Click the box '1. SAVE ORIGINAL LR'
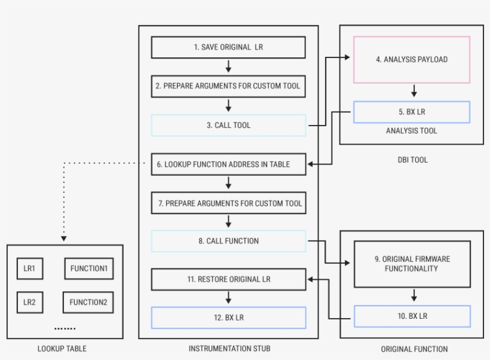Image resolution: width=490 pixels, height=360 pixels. [x=228, y=47]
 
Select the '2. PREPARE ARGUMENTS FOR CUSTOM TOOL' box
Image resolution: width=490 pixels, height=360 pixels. [x=228, y=86]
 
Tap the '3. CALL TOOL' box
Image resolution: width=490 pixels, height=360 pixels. [x=228, y=125]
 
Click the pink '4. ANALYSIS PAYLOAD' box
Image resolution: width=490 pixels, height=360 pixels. [x=412, y=59]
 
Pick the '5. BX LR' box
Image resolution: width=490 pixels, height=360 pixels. [x=412, y=112]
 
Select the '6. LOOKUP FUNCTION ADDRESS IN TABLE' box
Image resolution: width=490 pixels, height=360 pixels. [x=228, y=164]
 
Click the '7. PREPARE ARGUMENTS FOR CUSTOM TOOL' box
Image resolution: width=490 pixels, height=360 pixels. [x=228, y=203]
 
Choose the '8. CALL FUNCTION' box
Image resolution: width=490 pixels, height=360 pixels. [x=228, y=241]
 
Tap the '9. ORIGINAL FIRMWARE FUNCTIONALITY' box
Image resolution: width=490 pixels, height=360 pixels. [x=412, y=264]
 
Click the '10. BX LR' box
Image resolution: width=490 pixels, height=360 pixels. [x=412, y=316]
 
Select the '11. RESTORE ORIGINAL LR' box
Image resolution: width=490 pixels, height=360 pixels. [x=228, y=279]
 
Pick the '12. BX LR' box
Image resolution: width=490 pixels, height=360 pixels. [x=228, y=318]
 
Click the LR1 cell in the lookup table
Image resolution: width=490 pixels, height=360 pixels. [x=29, y=269]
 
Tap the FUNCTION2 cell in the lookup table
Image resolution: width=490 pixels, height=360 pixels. [x=88, y=302]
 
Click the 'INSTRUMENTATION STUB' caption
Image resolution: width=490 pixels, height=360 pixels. [x=228, y=349]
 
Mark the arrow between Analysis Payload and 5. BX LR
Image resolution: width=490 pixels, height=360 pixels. [x=414, y=91]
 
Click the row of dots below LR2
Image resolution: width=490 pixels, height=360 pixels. [x=65, y=328]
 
